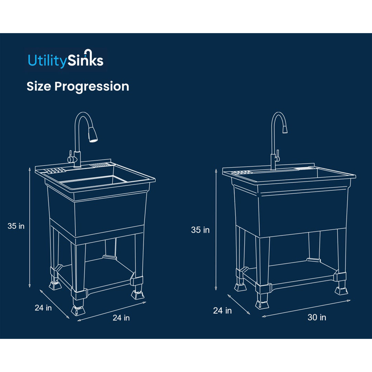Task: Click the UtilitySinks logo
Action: tap(65, 60)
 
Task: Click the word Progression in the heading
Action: tap(92, 86)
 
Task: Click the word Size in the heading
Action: tap(39, 86)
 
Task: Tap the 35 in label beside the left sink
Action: tap(16, 226)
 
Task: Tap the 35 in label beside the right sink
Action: tap(200, 230)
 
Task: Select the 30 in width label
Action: tap(317, 317)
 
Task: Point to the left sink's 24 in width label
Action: tap(121, 318)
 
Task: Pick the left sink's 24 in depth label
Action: tap(43, 308)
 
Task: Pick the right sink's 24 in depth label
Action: tap(222, 310)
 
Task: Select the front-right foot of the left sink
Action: tap(137, 294)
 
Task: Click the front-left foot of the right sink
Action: tap(262, 304)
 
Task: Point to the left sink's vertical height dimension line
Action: tap(30, 227)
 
